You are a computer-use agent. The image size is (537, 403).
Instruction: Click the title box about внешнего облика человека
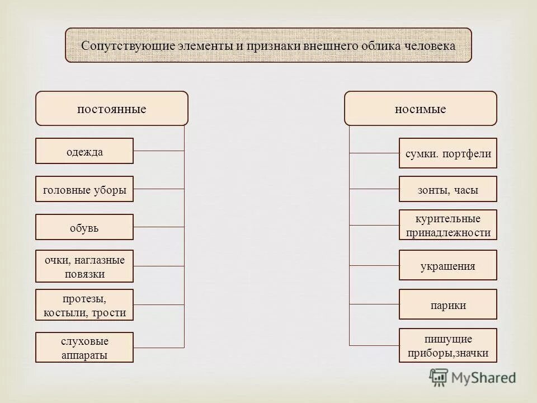[x=268, y=45]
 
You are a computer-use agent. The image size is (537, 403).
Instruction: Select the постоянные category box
[x=112, y=109]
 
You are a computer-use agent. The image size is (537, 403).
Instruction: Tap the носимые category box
[x=420, y=109]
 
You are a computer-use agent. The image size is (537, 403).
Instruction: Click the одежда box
[x=84, y=151]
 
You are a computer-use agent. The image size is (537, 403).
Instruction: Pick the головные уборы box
[x=84, y=189]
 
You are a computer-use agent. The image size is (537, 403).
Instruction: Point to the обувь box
[x=84, y=227]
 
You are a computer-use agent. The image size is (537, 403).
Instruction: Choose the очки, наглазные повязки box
[x=84, y=266]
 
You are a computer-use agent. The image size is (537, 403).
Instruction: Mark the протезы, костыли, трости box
[x=84, y=304]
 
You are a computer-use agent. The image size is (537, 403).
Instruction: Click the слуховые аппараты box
[x=84, y=348]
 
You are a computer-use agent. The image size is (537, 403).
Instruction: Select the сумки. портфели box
[x=447, y=153]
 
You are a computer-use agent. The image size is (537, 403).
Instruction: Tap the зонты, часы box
[x=447, y=189]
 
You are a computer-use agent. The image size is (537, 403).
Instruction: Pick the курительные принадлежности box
[x=447, y=225]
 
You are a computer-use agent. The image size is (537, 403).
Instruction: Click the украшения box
[x=447, y=265]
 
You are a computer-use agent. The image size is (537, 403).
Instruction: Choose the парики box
[x=447, y=304]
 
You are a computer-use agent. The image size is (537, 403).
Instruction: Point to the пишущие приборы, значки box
[x=447, y=345]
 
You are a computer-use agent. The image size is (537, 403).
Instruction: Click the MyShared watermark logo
[x=473, y=377]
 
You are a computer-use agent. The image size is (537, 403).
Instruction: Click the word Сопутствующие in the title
[x=129, y=45]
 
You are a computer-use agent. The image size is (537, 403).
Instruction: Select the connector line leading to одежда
[x=159, y=151]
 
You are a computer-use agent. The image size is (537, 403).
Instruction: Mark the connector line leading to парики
[x=374, y=304]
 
